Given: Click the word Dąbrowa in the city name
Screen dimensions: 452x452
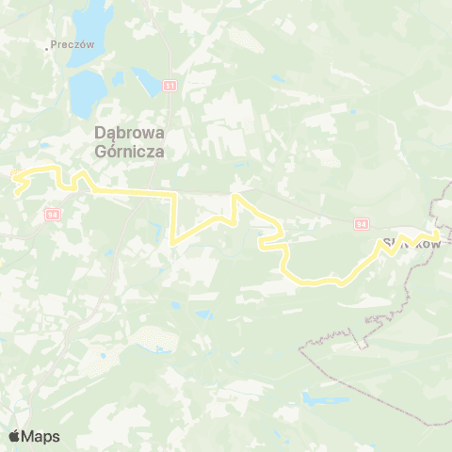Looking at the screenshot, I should coord(127,133).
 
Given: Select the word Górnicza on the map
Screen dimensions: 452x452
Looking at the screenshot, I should coord(127,149).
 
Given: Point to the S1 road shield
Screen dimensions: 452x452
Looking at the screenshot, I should coord(169,86).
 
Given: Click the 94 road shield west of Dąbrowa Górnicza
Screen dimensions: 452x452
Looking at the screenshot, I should coord(52,215).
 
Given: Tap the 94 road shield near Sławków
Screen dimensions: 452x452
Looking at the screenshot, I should coord(362,224).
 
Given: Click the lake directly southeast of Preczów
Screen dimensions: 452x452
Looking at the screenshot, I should coord(88,89).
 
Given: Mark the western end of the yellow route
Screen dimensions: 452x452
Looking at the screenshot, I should coord(11,173).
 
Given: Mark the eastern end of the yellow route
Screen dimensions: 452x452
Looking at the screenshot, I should coord(439,234).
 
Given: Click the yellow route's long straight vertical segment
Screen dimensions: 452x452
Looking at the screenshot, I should coord(173,217).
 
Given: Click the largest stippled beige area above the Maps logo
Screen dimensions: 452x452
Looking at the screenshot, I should coord(151,339).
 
